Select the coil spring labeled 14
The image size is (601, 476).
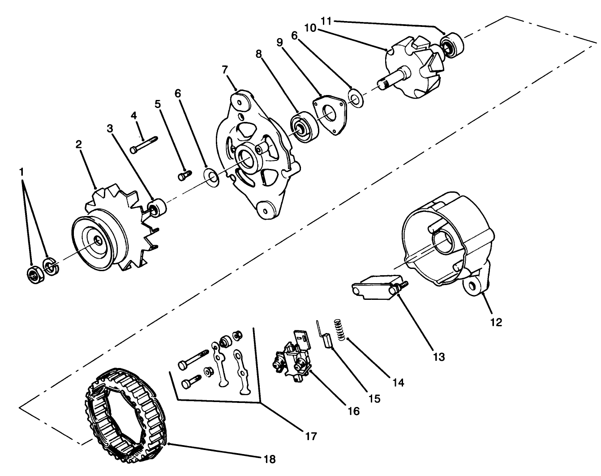pyautogui.click(x=341, y=330)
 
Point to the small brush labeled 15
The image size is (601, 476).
pyautogui.click(x=327, y=342)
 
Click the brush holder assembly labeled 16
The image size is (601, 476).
pyautogui.click(x=293, y=356)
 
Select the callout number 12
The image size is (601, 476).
pyautogui.click(x=496, y=322)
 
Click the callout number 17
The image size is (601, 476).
pyautogui.click(x=311, y=436)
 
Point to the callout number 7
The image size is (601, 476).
pyautogui.click(x=225, y=69)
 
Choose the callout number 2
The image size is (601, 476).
pyautogui.click(x=78, y=144)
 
